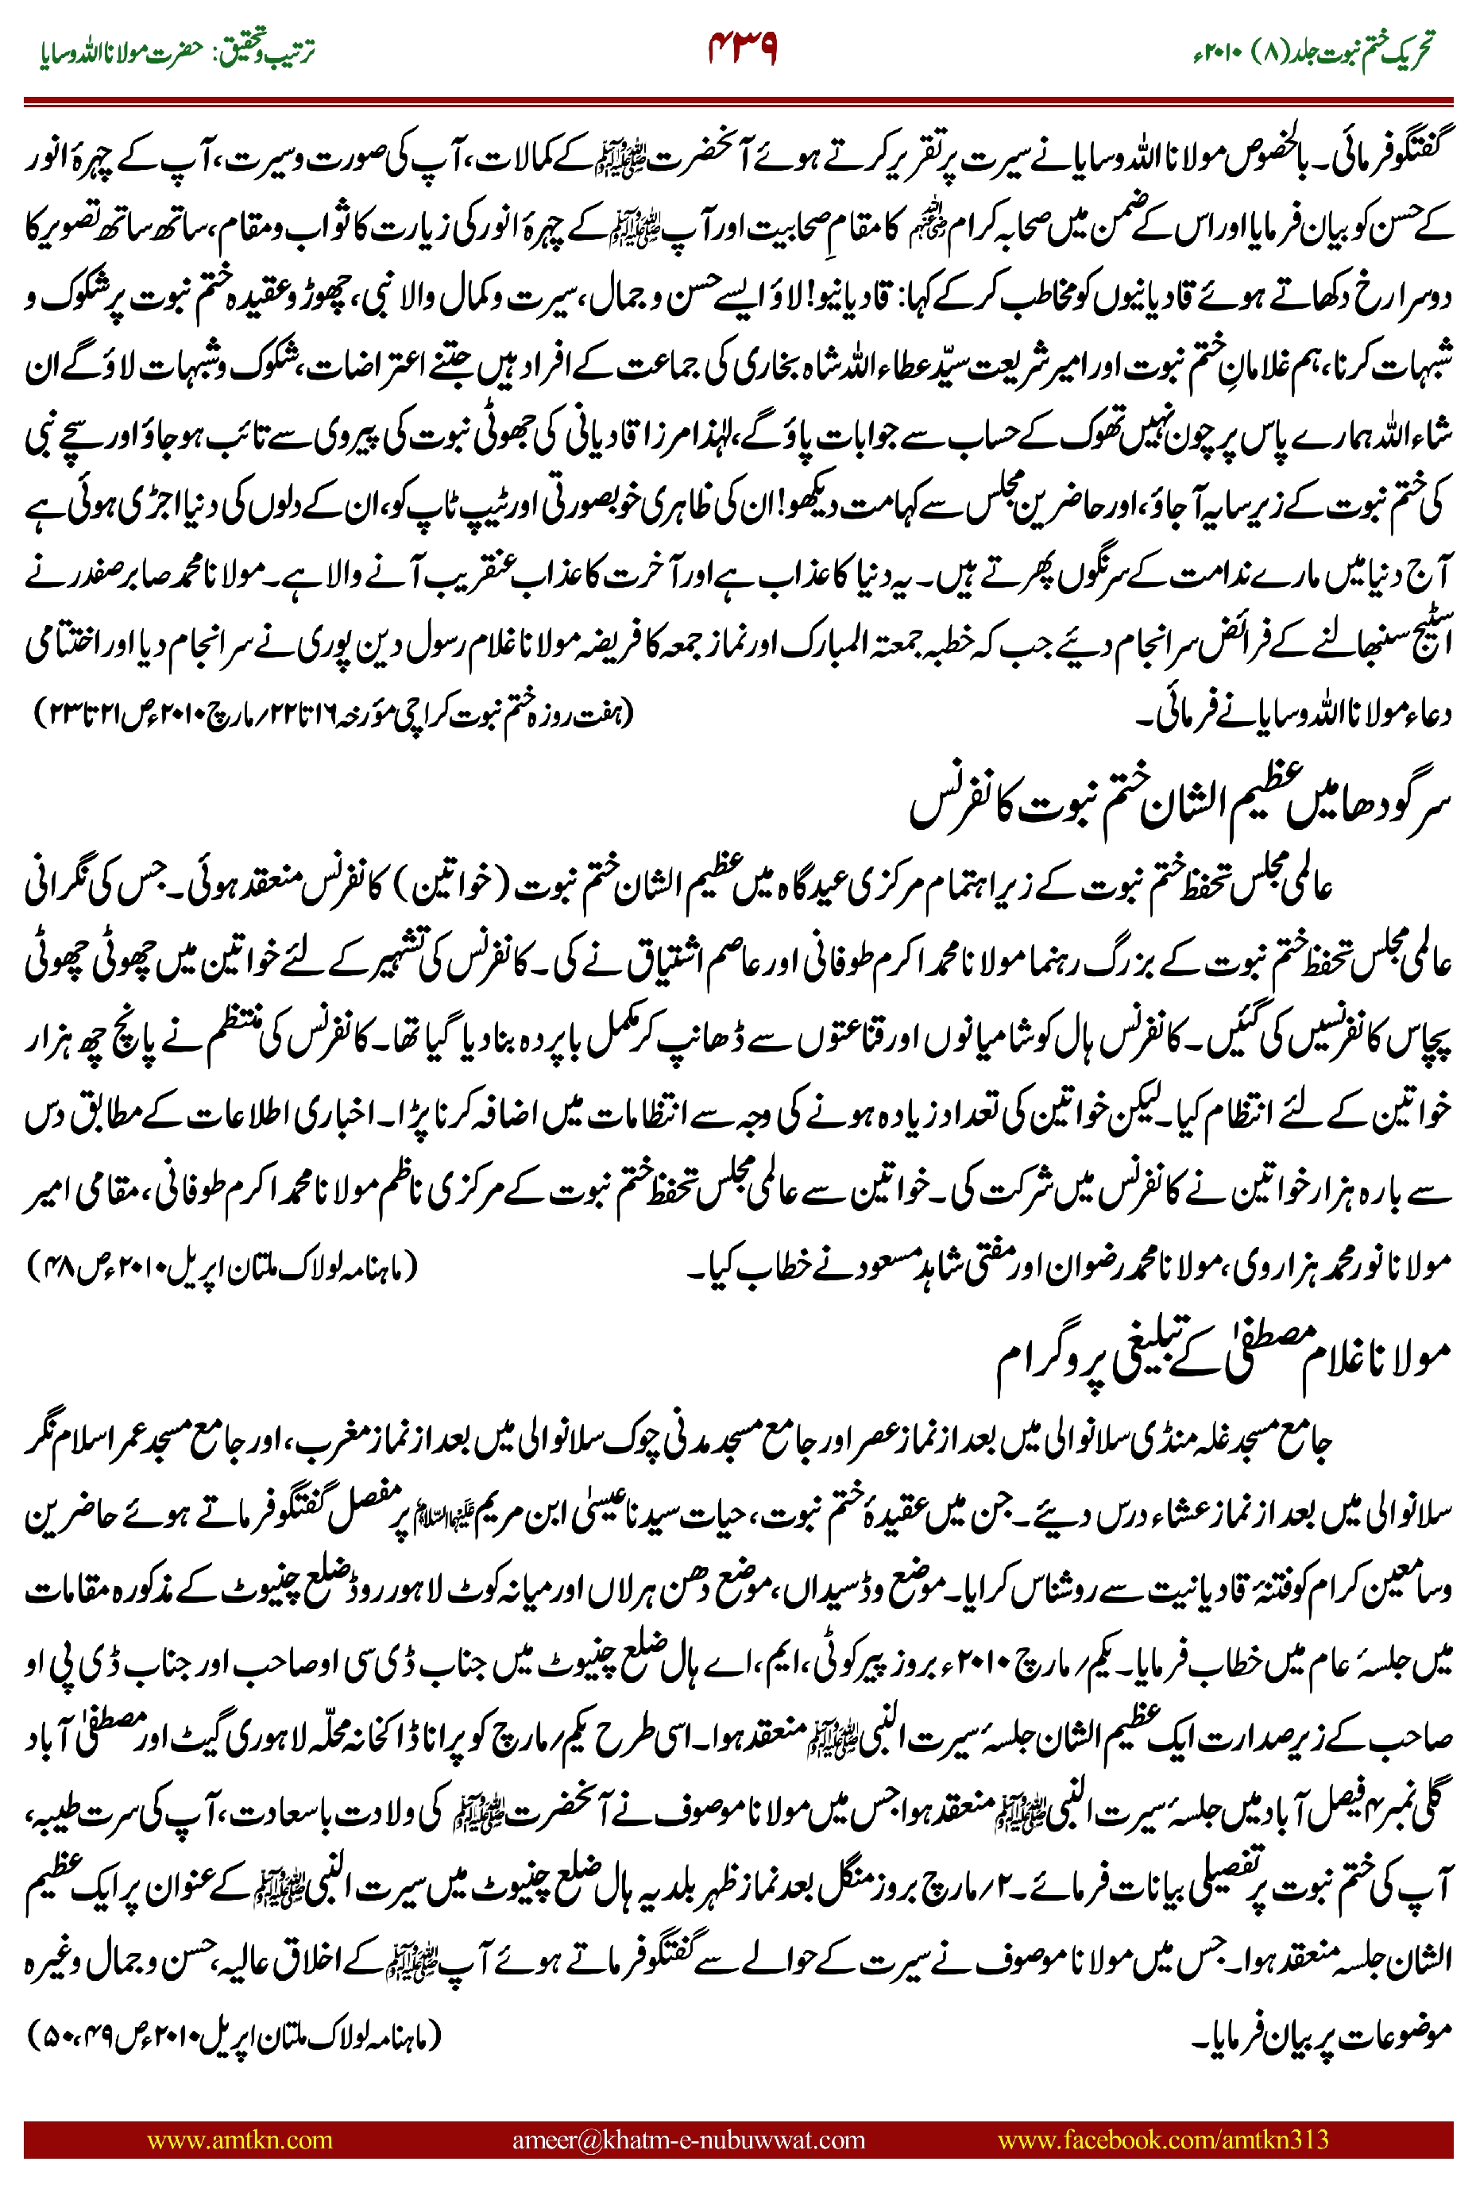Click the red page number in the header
click(x=742, y=48)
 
